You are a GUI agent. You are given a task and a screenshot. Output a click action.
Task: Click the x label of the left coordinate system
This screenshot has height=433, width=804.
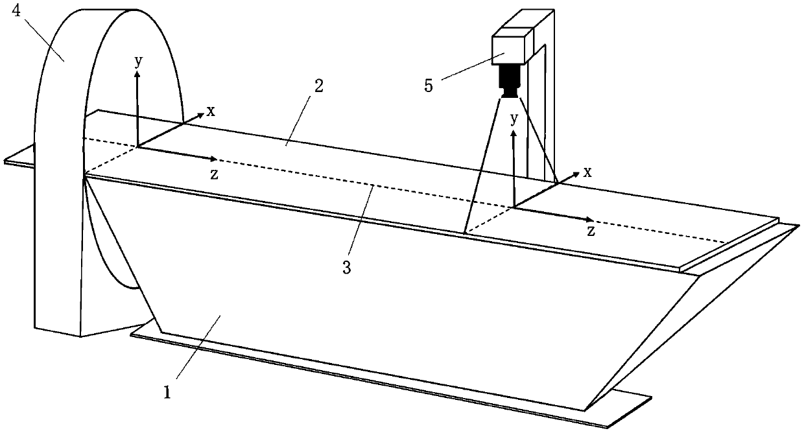tap(211, 111)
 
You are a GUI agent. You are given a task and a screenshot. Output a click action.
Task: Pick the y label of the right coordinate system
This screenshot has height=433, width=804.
tap(514, 119)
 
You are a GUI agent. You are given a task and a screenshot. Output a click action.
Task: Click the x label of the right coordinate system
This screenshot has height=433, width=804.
tap(587, 172)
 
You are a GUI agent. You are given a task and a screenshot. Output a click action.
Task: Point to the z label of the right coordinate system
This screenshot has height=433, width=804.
tap(591, 231)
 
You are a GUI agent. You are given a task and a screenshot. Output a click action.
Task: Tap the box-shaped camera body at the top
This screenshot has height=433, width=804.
tap(512, 48)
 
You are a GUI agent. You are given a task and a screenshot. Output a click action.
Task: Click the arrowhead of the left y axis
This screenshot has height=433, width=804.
tap(137, 74)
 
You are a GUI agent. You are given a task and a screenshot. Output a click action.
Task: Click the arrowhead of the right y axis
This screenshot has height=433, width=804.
tap(514, 134)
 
